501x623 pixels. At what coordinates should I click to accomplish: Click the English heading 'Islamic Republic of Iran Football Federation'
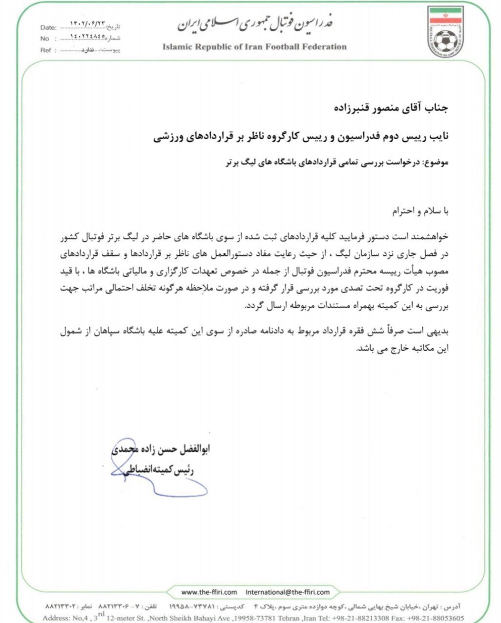[x=254, y=47]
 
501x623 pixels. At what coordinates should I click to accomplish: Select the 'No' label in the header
[x=45, y=39]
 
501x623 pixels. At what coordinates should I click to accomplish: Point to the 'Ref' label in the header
[x=45, y=50]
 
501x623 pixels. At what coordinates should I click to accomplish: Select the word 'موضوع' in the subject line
[x=435, y=163]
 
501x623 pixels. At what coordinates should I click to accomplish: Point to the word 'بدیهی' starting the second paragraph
[x=439, y=331]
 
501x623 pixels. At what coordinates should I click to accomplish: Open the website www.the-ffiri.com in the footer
[x=209, y=592]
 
